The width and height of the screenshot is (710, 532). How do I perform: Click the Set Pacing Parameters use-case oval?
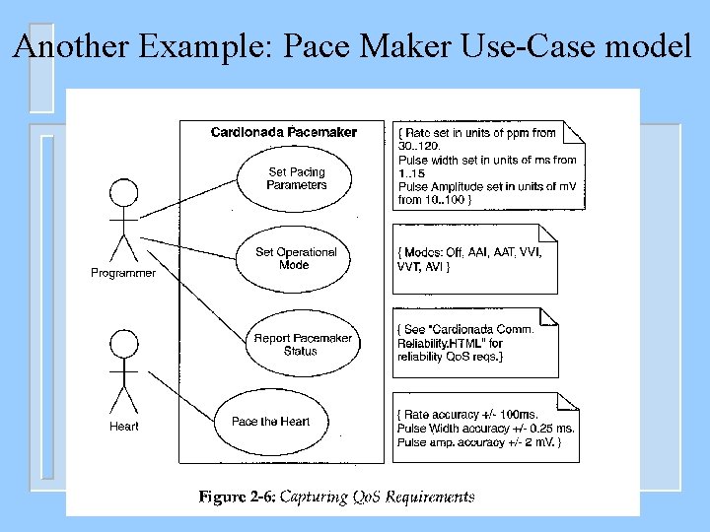point(296,178)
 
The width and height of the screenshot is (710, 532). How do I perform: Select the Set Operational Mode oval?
point(296,258)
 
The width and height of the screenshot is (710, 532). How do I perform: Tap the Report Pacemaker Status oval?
point(303,344)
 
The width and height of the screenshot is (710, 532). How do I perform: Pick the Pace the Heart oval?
point(270,422)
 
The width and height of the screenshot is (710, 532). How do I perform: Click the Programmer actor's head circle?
point(122,192)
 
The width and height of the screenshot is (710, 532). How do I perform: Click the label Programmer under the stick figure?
point(123,273)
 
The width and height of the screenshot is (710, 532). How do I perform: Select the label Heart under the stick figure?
point(124,427)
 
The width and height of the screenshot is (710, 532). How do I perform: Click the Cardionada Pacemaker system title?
point(284,132)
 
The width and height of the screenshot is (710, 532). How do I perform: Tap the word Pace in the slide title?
point(315,46)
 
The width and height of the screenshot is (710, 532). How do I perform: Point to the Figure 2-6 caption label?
point(238,498)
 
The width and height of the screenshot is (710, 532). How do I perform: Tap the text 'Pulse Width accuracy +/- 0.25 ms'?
point(486,429)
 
